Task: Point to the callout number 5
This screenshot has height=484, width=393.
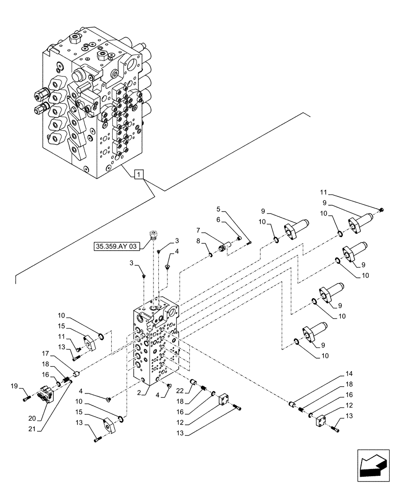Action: [x=218, y=210]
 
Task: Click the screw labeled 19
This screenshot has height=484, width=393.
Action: [x=26, y=398]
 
